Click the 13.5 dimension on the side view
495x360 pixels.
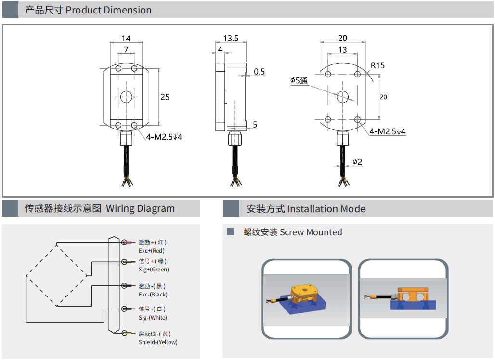click(231, 38)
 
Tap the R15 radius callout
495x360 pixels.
click(378, 65)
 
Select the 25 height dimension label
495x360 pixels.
click(165, 97)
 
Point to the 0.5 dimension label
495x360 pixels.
click(259, 72)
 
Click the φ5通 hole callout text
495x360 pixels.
click(299, 81)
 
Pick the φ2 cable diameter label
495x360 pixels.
click(357, 162)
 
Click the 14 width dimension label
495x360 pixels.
click(126, 39)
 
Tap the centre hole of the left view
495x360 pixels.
click(126, 97)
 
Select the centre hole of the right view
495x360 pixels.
click(342, 97)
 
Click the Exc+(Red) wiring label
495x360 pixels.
click(152, 251)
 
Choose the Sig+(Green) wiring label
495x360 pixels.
click(154, 270)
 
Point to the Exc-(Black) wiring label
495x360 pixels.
click(153, 295)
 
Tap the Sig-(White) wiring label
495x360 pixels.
click(153, 317)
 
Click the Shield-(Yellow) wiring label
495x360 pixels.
click(158, 342)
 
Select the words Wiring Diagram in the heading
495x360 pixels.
click(140, 208)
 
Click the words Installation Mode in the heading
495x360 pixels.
click(326, 209)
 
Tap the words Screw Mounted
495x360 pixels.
click(311, 232)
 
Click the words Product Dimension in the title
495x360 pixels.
click(109, 10)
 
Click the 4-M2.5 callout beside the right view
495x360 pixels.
click(387, 131)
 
